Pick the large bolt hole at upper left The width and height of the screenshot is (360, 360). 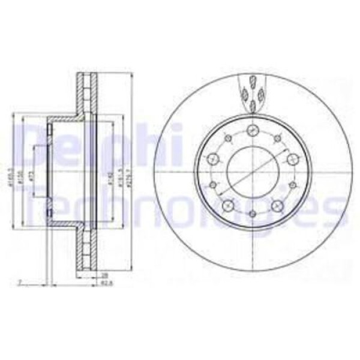(213, 159)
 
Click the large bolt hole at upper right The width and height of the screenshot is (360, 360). (292, 159)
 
